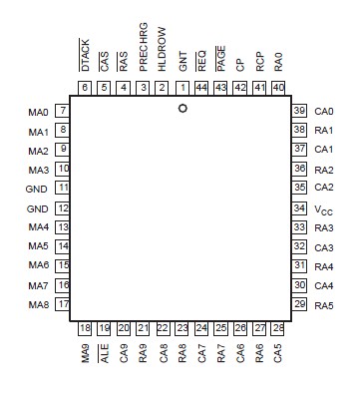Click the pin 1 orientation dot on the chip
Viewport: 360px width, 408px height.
pos(182,108)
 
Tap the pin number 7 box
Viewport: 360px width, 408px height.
pos(63,111)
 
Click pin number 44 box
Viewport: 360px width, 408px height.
pos(201,88)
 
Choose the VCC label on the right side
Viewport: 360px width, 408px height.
pos(324,209)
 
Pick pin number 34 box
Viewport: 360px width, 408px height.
pos(298,208)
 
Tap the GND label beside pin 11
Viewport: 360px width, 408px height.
pos(37,189)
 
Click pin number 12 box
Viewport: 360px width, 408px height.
pos(63,208)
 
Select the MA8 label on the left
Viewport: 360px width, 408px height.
pos(38,305)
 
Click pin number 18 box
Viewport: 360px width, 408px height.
pos(86,327)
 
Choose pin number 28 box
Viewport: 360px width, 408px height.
pos(278,327)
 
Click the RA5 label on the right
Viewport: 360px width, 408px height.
pos(323,304)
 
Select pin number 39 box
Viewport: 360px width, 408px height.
pos(298,111)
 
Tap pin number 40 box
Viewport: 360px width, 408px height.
pos(278,88)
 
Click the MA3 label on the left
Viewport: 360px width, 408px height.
pos(38,170)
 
